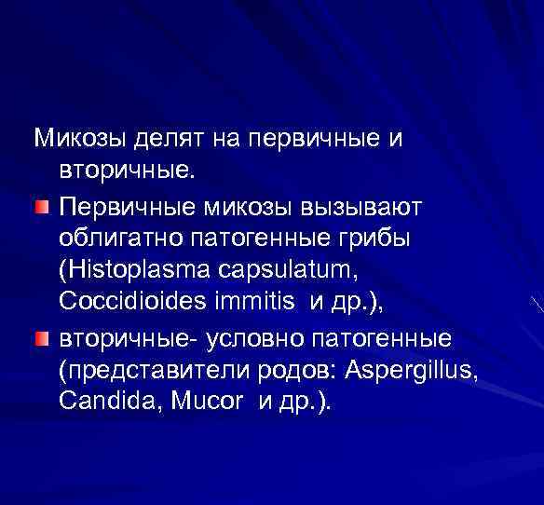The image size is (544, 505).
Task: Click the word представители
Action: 147,370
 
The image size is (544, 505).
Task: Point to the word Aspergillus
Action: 411,370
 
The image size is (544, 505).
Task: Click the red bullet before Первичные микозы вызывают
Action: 43,204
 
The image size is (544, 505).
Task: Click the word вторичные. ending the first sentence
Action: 115,171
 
